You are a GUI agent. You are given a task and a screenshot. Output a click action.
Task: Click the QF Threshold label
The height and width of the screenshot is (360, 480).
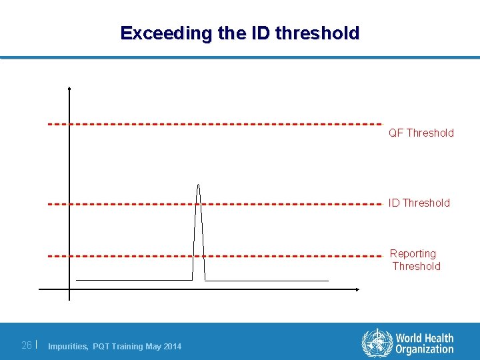421,133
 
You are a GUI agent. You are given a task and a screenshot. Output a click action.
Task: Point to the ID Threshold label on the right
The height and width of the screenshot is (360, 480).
419,203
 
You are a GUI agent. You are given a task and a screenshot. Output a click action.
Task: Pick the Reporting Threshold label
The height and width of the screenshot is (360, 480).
415,260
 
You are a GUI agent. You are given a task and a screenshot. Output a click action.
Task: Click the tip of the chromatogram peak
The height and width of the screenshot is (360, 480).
198,184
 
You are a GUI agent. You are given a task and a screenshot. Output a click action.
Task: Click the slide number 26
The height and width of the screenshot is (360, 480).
27,345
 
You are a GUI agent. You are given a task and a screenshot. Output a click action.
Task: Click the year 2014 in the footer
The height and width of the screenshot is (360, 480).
172,346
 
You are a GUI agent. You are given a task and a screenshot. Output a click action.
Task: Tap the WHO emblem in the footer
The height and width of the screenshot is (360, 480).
377,343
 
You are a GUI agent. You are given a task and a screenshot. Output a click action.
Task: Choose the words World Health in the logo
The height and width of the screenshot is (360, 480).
424,339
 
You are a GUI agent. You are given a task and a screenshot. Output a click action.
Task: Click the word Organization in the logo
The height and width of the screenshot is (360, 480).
424,349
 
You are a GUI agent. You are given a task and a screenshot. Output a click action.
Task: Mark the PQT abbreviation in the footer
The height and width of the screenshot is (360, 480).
103,346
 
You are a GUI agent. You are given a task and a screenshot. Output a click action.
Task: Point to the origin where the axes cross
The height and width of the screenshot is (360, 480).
69,289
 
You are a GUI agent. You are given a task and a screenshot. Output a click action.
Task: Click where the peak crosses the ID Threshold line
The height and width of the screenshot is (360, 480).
198,203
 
